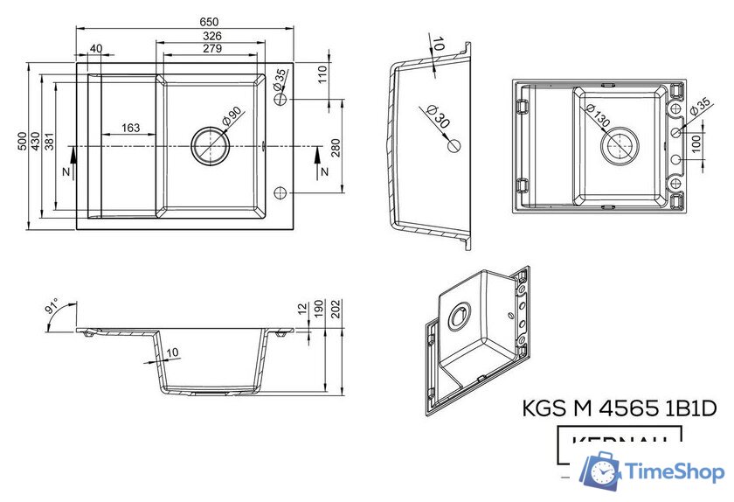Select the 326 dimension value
pos(211,35)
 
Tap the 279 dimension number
pos(211,48)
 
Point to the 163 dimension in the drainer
pos(130,128)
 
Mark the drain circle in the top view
pos(210,145)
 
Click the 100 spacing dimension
pos(696,142)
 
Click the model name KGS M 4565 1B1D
pos(619,408)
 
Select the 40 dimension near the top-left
pos(95,48)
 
